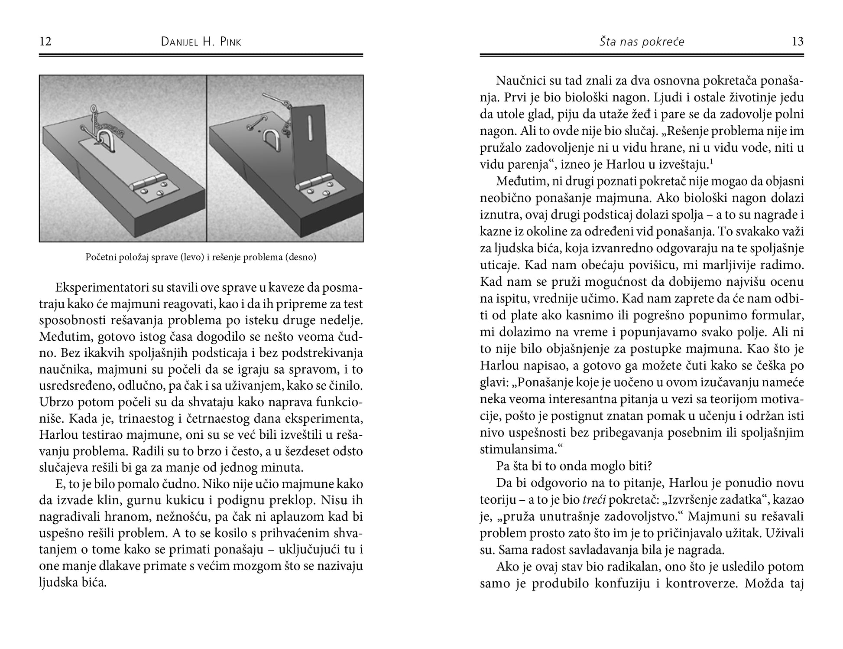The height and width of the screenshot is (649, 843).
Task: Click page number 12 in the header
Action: pos(45,42)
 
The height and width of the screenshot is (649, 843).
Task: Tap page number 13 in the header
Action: pos(798,42)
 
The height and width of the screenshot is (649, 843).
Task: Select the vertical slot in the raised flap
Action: pos(311,128)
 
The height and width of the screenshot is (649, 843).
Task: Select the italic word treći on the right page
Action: pos(594,500)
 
